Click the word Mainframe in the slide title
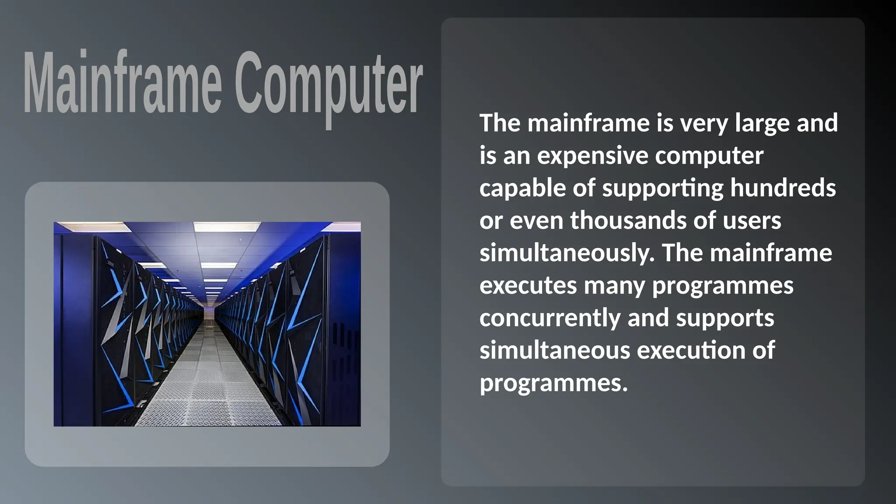click(122, 83)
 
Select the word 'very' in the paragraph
click(704, 123)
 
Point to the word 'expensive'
click(592, 156)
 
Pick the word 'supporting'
click(663, 188)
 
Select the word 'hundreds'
click(783, 188)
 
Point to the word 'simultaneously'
click(567, 253)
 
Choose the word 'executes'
click(528, 286)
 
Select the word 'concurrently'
click(550, 318)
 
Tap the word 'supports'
click(725, 318)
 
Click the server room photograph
click(207, 324)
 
